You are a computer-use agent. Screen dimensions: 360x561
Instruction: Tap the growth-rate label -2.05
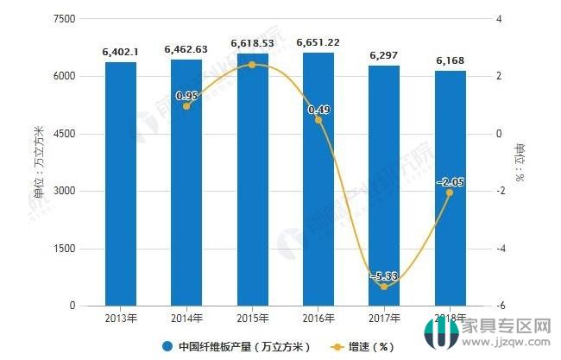click(449, 182)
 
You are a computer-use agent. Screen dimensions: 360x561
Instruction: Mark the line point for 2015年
click(252, 65)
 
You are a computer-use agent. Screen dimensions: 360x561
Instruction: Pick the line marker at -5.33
click(383, 286)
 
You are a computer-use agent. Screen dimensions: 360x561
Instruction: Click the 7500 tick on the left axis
click(64, 19)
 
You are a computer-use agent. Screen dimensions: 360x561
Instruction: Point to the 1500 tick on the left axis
click(64, 249)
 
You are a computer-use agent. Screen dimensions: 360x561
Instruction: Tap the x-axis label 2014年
click(186, 319)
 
